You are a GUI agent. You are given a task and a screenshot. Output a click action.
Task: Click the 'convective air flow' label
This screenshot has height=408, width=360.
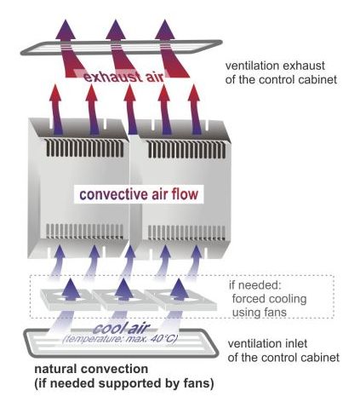(x=139, y=194)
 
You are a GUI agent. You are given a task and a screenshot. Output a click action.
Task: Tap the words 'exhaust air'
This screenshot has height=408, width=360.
(x=124, y=77)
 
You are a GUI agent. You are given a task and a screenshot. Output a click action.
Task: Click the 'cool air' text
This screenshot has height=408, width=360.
(x=121, y=329)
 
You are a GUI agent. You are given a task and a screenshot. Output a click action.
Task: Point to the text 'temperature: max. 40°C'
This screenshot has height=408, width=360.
(x=120, y=339)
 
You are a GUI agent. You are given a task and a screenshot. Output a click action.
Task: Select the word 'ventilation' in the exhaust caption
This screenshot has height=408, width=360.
(x=252, y=66)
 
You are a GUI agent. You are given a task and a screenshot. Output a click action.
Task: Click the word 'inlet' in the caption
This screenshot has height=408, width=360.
(x=296, y=343)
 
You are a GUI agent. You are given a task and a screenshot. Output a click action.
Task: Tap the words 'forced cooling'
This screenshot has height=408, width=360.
(x=269, y=299)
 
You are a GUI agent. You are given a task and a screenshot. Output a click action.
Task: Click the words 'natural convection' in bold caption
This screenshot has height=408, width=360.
(x=91, y=369)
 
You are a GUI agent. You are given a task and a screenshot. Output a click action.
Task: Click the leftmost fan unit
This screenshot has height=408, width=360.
(x=70, y=299)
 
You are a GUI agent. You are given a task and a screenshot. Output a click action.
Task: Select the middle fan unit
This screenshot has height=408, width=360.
(x=125, y=300)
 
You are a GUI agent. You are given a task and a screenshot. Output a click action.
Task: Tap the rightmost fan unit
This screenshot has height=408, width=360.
(x=180, y=300)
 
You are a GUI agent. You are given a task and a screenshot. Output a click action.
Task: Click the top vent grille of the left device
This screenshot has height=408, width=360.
(x=85, y=148)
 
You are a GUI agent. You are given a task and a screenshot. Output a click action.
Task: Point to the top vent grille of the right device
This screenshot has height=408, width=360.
(x=186, y=149)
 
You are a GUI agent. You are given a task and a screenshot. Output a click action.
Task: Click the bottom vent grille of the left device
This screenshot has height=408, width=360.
(x=85, y=232)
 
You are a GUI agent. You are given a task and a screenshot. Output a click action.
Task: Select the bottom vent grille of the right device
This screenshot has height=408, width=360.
(x=186, y=233)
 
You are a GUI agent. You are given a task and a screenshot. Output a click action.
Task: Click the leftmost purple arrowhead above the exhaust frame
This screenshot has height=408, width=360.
(x=66, y=29)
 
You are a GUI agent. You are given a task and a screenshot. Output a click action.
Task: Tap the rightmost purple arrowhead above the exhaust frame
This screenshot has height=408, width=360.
(x=165, y=29)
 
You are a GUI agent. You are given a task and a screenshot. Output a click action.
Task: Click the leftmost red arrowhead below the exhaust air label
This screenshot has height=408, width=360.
(x=55, y=93)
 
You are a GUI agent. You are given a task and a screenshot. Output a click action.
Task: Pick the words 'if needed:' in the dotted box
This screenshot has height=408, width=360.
(x=255, y=285)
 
